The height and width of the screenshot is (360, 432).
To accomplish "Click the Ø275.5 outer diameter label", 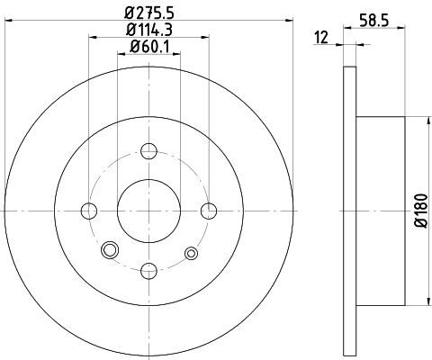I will (149, 13).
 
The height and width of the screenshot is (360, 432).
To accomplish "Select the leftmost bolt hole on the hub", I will (88, 211).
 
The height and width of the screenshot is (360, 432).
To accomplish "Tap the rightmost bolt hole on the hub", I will (211, 211).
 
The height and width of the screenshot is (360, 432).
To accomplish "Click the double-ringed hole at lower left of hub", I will (111, 250).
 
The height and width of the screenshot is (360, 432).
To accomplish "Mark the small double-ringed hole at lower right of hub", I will (190, 253).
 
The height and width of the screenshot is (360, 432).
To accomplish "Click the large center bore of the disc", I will (149, 211).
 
